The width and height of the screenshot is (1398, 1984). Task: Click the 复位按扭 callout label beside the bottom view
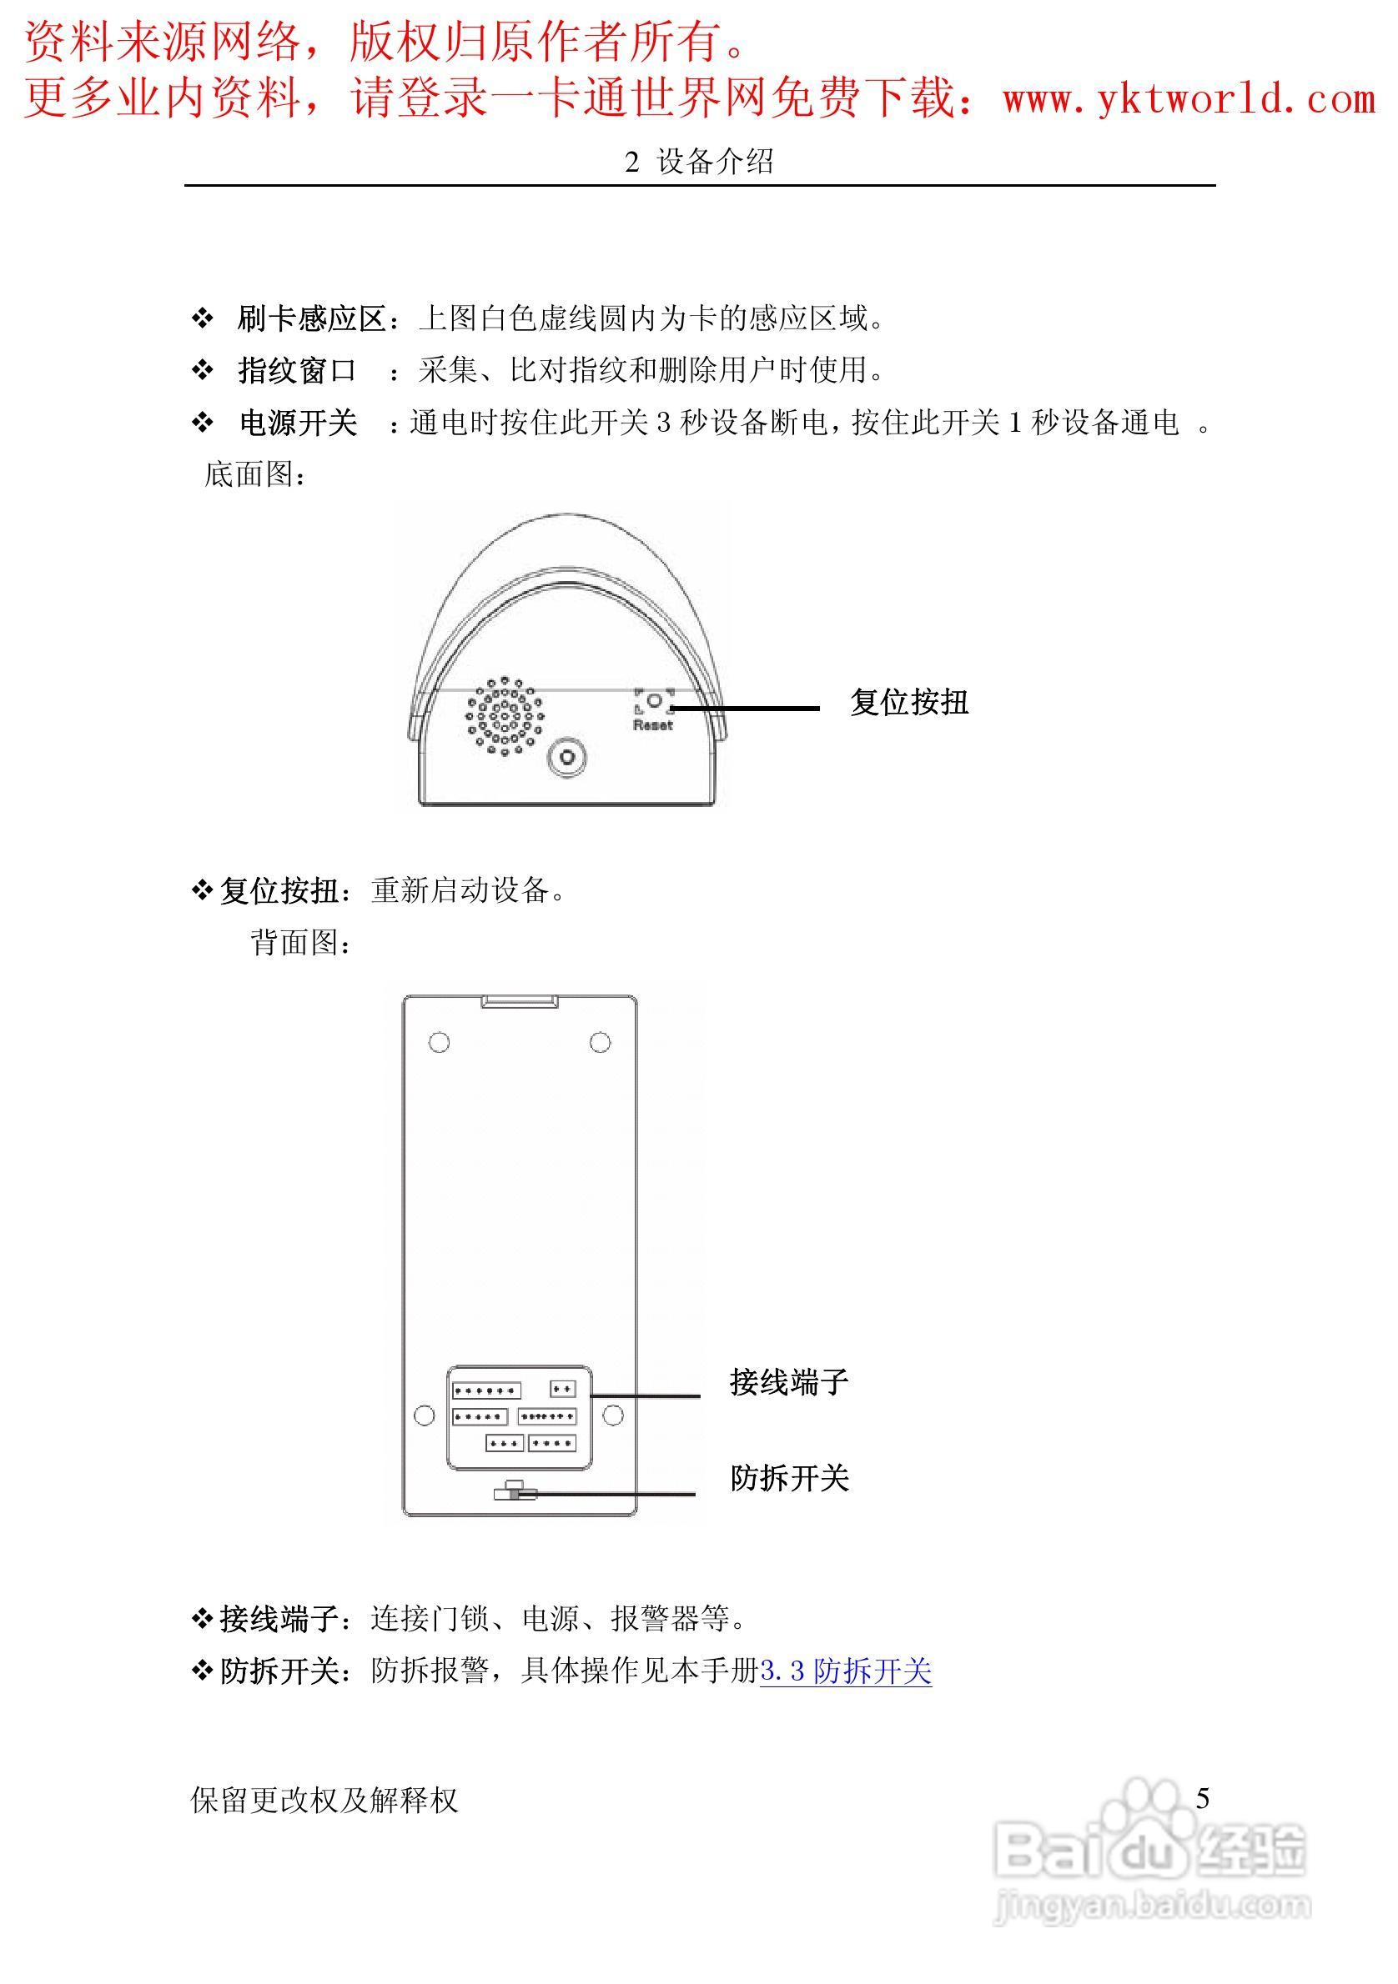click(908, 703)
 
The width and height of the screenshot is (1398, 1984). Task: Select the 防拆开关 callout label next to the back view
click(788, 1479)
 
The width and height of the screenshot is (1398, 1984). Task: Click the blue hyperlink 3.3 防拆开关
click(846, 1671)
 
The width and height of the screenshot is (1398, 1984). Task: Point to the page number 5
click(1202, 1798)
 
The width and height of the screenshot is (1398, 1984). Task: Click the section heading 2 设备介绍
click(698, 162)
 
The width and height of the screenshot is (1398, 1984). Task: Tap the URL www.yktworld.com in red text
click(1189, 98)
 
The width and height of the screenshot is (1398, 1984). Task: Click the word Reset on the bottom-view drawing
click(652, 725)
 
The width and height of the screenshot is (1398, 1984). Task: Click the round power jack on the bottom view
click(567, 758)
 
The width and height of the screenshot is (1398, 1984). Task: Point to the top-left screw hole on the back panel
click(440, 1042)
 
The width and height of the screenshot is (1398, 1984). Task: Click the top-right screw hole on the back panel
click(600, 1042)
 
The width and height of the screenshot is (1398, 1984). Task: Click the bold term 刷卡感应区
click(311, 318)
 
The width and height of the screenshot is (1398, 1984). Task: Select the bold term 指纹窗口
click(297, 371)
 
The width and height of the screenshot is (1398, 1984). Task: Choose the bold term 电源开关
click(298, 423)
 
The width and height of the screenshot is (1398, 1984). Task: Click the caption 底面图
click(254, 474)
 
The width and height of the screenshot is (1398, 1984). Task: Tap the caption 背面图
click(301, 943)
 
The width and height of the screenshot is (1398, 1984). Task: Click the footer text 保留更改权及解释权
click(324, 1801)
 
